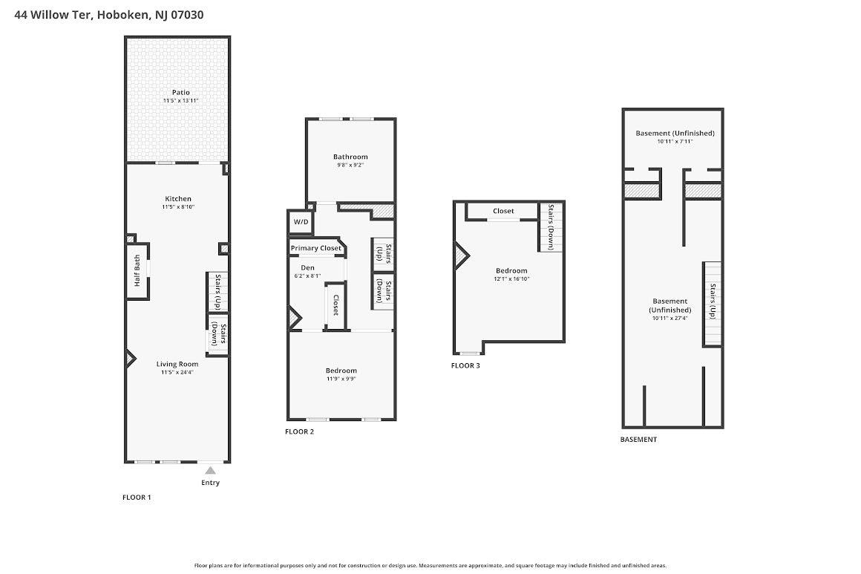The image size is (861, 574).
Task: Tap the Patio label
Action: click(x=180, y=92)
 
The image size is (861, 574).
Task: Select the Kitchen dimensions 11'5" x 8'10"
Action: click(x=178, y=207)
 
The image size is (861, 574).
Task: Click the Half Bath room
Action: click(x=137, y=271)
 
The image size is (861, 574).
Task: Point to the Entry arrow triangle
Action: click(x=210, y=470)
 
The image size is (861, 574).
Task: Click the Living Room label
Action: click(x=177, y=364)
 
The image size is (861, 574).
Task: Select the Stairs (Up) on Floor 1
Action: click(x=217, y=292)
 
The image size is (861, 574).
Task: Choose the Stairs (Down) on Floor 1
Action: click(x=217, y=335)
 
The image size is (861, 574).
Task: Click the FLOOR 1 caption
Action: click(x=137, y=498)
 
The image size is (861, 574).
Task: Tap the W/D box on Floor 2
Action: click(x=301, y=221)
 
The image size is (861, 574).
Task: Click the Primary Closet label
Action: click(x=315, y=248)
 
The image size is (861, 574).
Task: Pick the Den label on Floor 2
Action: click(x=307, y=267)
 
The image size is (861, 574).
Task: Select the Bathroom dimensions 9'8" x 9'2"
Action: click(x=350, y=165)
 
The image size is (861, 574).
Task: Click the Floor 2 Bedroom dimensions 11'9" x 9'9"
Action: click(x=341, y=379)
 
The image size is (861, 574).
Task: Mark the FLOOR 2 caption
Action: click(x=300, y=431)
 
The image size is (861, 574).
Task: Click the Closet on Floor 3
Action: click(x=502, y=212)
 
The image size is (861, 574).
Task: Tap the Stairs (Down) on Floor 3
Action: click(x=551, y=226)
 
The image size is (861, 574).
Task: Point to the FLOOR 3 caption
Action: click(x=466, y=365)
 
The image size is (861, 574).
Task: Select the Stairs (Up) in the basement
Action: click(x=713, y=303)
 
